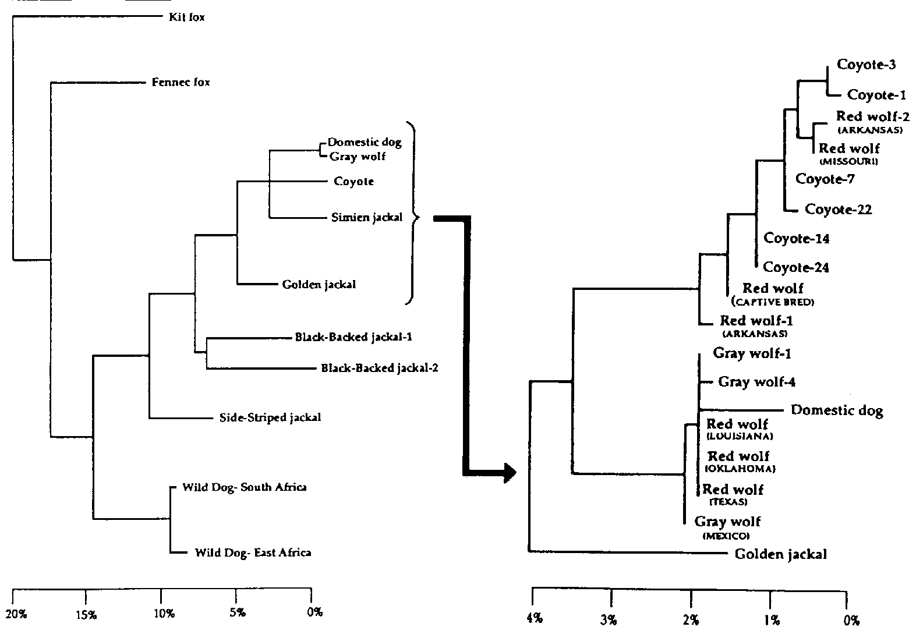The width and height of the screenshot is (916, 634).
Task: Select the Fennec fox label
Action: tap(181, 83)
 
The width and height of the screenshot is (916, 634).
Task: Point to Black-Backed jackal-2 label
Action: tap(380, 368)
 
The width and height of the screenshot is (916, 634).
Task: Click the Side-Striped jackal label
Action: tap(270, 417)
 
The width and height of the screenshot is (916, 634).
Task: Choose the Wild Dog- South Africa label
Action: tap(245, 487)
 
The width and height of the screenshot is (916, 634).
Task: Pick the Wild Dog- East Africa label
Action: tap(253, 552)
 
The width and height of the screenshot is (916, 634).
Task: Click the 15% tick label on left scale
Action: tap(87, 614)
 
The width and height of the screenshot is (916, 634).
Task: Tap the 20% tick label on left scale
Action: tap(15, 614)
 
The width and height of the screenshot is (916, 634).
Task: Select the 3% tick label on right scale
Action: tap(609, 621)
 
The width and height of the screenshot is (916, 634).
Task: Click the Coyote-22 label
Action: tap(838, 210)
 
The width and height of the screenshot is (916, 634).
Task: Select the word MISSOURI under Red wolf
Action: tap(848, 161)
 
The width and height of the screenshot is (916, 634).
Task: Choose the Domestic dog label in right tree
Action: tap(837, 410)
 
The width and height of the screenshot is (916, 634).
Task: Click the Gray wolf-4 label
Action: tap(756, 382)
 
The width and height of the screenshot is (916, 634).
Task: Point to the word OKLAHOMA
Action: tap(741, 469)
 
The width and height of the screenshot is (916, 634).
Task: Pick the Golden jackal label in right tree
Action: tap(780, 554)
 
